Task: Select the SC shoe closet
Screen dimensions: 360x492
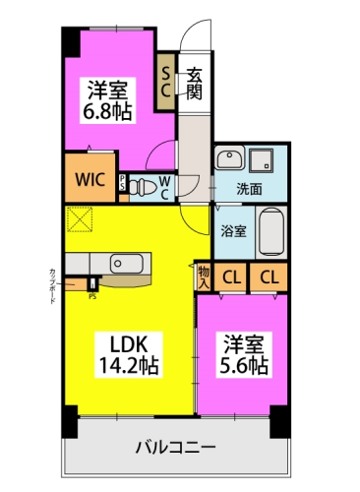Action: (x=166, y=80)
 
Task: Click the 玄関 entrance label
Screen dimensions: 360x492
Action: (x=195, y=80)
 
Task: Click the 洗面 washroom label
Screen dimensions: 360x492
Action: (x=249, y=189)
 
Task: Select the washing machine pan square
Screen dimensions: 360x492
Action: (x=264, y=159)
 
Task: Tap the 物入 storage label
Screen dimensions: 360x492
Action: (x=204, y=277)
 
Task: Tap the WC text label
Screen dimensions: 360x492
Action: (x=165, y=185)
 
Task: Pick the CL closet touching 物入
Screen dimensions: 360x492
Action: (x=232, y=277)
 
